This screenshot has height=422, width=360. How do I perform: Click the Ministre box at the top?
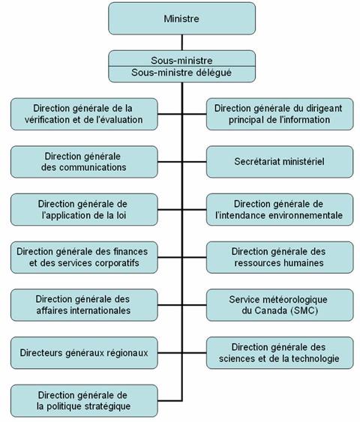181,17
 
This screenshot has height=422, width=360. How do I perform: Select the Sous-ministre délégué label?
181,73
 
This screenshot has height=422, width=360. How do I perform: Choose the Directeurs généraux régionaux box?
85,352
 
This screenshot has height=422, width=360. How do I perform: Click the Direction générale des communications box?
85,161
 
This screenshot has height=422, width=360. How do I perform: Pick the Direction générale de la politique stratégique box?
85,400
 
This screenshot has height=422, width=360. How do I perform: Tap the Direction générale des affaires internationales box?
85,304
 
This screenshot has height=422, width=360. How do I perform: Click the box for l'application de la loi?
85,209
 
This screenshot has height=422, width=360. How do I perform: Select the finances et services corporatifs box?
85,257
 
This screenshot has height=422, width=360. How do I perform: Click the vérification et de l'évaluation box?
85,113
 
